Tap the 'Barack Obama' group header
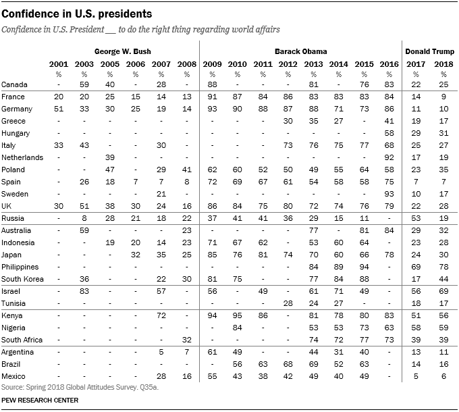300,51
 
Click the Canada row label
15,84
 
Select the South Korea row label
22,279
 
